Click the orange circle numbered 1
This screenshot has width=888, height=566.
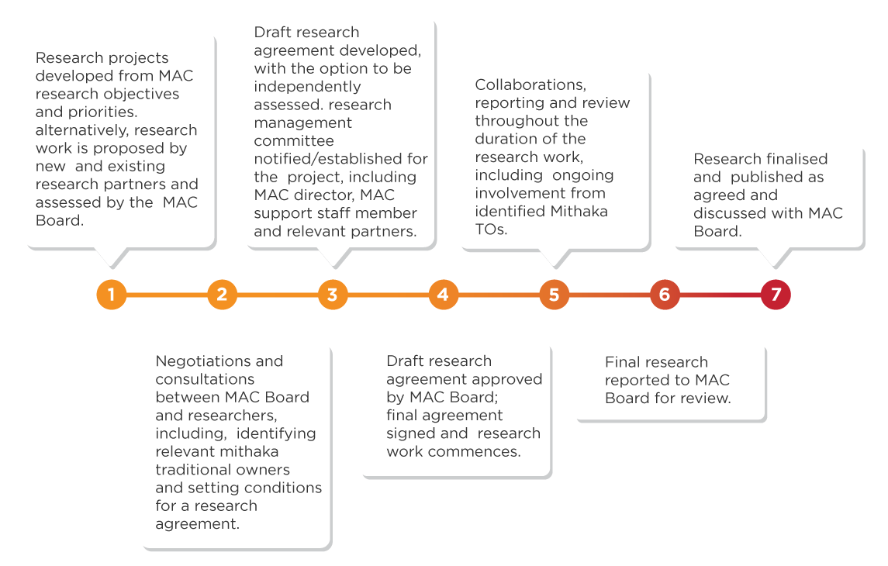point(111,295)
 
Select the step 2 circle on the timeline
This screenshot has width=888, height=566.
point(222,295)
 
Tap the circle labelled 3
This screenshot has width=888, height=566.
point(333,295)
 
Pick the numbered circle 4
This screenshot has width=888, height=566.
point(443,295)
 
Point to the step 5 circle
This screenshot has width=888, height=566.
point(554,295)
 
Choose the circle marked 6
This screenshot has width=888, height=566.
point(665,295)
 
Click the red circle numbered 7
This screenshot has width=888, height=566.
point(776,295)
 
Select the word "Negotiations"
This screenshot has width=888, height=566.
point(198,361)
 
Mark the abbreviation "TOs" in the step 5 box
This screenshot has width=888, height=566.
point(491,229)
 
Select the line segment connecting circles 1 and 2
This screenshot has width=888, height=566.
point(166,295)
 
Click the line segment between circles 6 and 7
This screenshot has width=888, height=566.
point(720,295)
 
